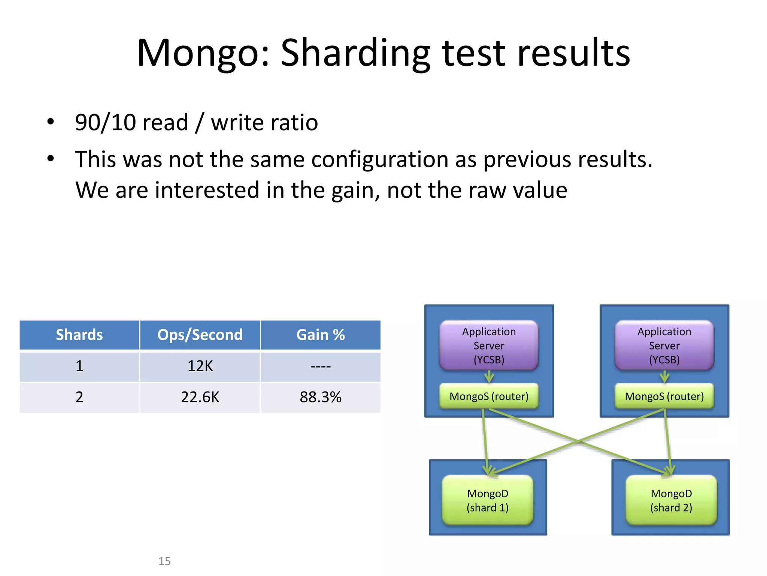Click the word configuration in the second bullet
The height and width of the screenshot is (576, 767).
379,159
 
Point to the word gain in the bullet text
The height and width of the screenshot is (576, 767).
355,190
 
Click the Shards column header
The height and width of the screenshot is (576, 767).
79,335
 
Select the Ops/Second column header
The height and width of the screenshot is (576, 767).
200,335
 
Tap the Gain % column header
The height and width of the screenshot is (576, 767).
321,335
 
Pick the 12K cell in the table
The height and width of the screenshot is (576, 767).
200,366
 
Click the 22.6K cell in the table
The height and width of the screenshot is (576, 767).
200,397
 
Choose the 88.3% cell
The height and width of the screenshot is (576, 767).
321,397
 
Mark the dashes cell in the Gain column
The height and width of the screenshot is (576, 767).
321,366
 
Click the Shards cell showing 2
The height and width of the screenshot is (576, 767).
79,397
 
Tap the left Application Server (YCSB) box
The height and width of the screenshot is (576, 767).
489,345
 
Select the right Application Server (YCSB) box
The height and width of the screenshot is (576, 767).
664,345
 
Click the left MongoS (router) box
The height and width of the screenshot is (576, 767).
489,396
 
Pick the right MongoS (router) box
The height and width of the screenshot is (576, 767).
664,396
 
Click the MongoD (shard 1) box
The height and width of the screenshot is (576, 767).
488,500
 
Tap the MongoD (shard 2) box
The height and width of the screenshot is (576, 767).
671,500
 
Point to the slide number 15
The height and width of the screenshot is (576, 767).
164,561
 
